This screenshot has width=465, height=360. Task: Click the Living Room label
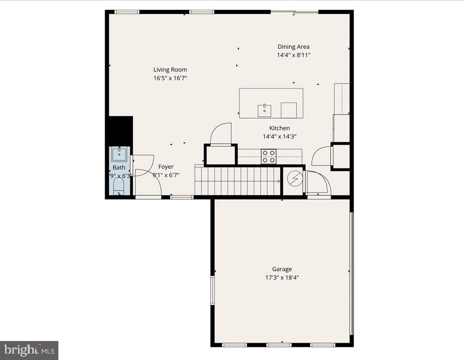170,70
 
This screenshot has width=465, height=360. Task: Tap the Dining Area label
293,47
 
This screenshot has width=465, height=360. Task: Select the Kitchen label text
279,128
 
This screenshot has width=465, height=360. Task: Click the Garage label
282,269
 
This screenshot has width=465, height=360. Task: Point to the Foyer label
166,167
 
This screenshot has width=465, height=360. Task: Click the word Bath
119,168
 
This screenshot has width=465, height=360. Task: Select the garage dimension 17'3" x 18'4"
282,278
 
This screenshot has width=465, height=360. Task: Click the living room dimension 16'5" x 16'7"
170,78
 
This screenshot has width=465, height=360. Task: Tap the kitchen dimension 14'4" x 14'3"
279,137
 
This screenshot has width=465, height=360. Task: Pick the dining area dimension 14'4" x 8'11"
293,55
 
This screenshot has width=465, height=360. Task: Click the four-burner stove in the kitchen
269,156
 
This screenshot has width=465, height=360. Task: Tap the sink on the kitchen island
264,111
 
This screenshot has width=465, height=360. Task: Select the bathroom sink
119,154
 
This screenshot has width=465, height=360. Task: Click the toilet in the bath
119,186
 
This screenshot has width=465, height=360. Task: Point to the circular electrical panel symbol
294,178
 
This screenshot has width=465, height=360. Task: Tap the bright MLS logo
29,350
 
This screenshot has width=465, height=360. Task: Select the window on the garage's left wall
213,291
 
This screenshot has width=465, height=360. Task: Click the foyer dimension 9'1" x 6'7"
166,175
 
